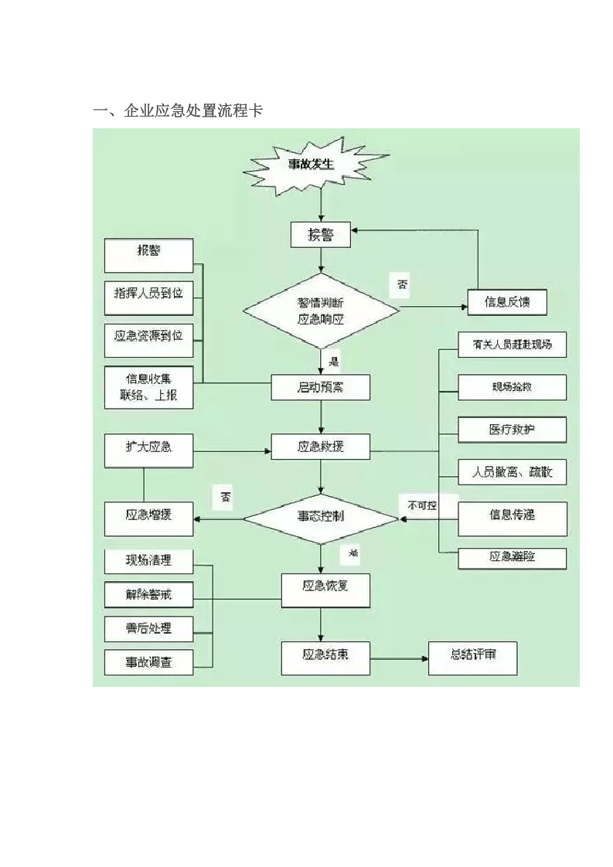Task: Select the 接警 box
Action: click(x=321, y=235)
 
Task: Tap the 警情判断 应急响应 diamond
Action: click(x=321, y=310)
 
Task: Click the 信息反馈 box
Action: click(x=507, y=302)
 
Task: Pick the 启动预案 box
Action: click(x=321, y=387)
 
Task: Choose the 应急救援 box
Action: click(x=321, y=447)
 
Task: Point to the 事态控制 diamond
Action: click(x=321, y=515)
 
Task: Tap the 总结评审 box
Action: click(x=473, y=657)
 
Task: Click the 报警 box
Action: click(x=148, y=254)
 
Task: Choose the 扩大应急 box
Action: click(x=148, y=449)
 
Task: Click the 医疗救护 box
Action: click(x=512, y=430)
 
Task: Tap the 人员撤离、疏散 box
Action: click(x=512, y=471)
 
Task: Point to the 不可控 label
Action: click(x=423, y=505)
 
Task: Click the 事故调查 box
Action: click(x=148, y=662)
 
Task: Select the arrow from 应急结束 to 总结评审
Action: click(x=399, y=658)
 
